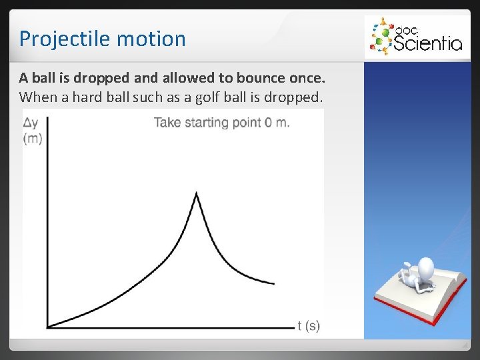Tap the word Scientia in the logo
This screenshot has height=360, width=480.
427,43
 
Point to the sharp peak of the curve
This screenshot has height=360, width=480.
196,193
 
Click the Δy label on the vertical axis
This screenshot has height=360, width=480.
31,123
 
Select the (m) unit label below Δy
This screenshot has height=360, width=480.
32,138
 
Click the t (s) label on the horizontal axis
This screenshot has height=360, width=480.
309,326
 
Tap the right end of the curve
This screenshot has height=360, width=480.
273,283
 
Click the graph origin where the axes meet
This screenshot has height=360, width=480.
48,327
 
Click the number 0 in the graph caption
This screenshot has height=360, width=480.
268,123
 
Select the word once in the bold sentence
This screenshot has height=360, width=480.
307,79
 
